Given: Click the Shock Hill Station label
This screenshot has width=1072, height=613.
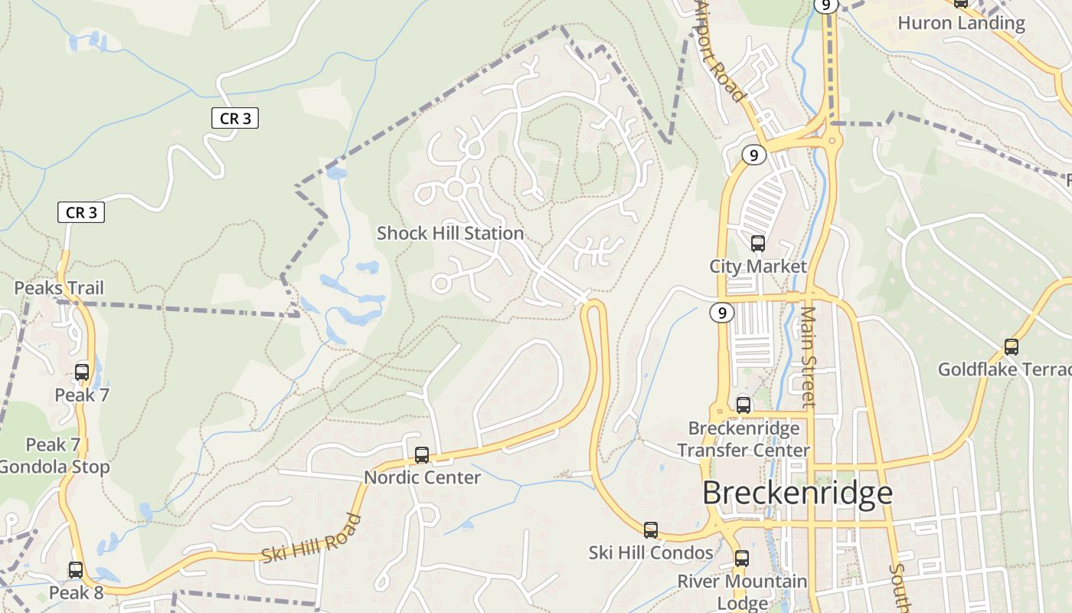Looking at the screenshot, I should [x=450, y=233].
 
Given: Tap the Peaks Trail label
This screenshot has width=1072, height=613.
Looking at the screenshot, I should [x=59, y=288].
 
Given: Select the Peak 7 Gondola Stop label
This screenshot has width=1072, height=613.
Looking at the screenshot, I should [x=54, y=456].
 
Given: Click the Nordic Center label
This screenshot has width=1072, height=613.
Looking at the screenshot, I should [x=422, y=477].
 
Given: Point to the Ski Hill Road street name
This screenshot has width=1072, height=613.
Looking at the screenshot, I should [x=312, y=539].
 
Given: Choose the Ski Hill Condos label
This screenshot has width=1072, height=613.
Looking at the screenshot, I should [x=651, y=552].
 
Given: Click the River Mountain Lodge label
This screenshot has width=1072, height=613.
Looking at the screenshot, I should [x=742, y=592].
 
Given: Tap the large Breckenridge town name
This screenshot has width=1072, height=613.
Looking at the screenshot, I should [x=797, y=493].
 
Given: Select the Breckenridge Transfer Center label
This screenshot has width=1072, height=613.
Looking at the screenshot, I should [x=744, y=439].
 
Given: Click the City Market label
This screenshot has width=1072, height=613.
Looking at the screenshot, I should [x=758, y=267].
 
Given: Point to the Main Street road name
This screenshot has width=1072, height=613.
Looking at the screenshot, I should [x=809, y=356].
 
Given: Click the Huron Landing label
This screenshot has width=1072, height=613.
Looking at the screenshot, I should [x=961, y=23].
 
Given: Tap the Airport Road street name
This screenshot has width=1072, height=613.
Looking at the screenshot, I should [x=720, y=52].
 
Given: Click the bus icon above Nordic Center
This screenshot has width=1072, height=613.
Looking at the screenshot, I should [x=422, y=455].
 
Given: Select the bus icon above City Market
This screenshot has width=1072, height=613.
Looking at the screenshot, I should [x=758, y=244].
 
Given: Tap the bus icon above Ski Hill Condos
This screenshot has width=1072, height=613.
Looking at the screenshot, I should [x=651, y=529].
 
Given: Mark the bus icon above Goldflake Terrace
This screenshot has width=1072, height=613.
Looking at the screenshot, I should [x=1012, y=347].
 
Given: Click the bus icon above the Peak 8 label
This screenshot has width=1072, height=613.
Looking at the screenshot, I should [x=76, y=570].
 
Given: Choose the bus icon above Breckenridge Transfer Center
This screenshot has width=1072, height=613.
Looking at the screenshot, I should [x=744, y=405].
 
